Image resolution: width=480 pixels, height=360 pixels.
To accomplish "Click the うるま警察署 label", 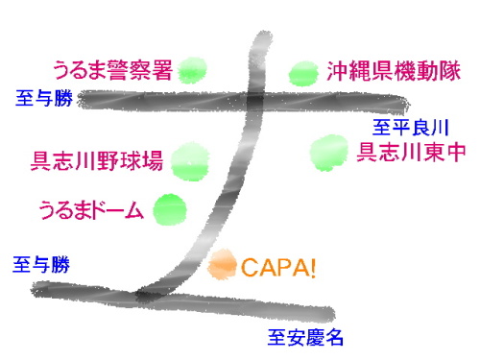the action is click(112, 70).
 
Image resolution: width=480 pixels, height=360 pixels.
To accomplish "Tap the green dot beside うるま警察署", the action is click(192, 69).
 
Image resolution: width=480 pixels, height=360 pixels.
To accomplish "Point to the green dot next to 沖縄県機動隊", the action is click(303, 72).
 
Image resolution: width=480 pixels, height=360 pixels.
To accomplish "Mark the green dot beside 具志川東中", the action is click(328, 151).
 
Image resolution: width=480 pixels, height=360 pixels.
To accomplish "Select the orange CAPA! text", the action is click(277, 266).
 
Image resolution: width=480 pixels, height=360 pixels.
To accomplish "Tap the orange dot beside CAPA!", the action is click(223, 262).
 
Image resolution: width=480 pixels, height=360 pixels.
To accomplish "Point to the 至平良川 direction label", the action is click(411, 126).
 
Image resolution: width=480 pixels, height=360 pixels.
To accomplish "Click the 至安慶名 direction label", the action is click(304, 337).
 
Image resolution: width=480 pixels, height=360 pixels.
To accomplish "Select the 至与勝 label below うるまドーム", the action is click(41, 262).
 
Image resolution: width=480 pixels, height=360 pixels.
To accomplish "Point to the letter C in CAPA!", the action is click(248, 266).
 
